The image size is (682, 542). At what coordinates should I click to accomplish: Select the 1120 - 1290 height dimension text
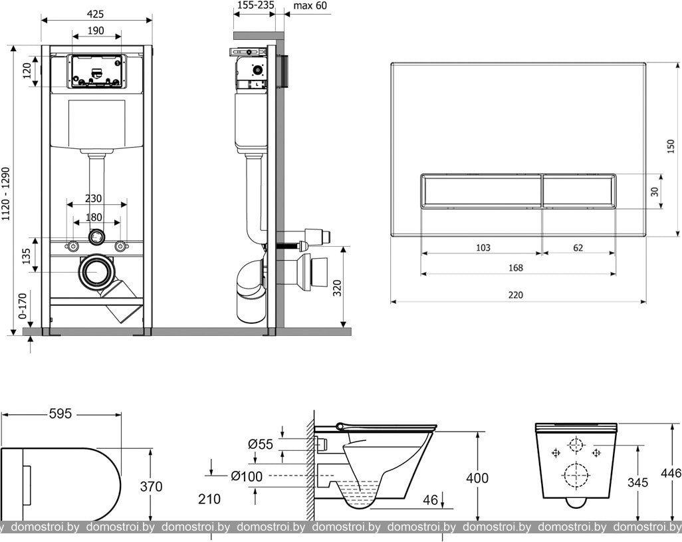point(7,194)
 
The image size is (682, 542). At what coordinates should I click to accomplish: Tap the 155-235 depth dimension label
point(255,6)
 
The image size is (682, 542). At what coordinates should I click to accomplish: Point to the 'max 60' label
point(310,6)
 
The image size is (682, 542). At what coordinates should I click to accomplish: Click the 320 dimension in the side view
point(337,288)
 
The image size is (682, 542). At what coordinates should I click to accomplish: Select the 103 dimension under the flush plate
point(483,248)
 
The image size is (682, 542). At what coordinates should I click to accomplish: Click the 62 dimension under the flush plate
point(578,248)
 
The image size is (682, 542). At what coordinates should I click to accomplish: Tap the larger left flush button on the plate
point(482,191)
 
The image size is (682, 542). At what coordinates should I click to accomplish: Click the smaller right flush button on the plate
point(578,191)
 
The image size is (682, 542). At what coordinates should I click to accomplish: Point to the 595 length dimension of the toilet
point(60,414)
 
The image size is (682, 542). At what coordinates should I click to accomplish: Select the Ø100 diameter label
point(247,475)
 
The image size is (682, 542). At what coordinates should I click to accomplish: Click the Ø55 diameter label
point(261,444)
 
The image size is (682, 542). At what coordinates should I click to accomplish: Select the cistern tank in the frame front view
point(97,124)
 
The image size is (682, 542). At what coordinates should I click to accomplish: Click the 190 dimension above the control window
point(96,31)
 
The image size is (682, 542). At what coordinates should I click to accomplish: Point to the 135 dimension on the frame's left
point(27,255)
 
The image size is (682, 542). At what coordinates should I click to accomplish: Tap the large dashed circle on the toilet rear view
point(576,475)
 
